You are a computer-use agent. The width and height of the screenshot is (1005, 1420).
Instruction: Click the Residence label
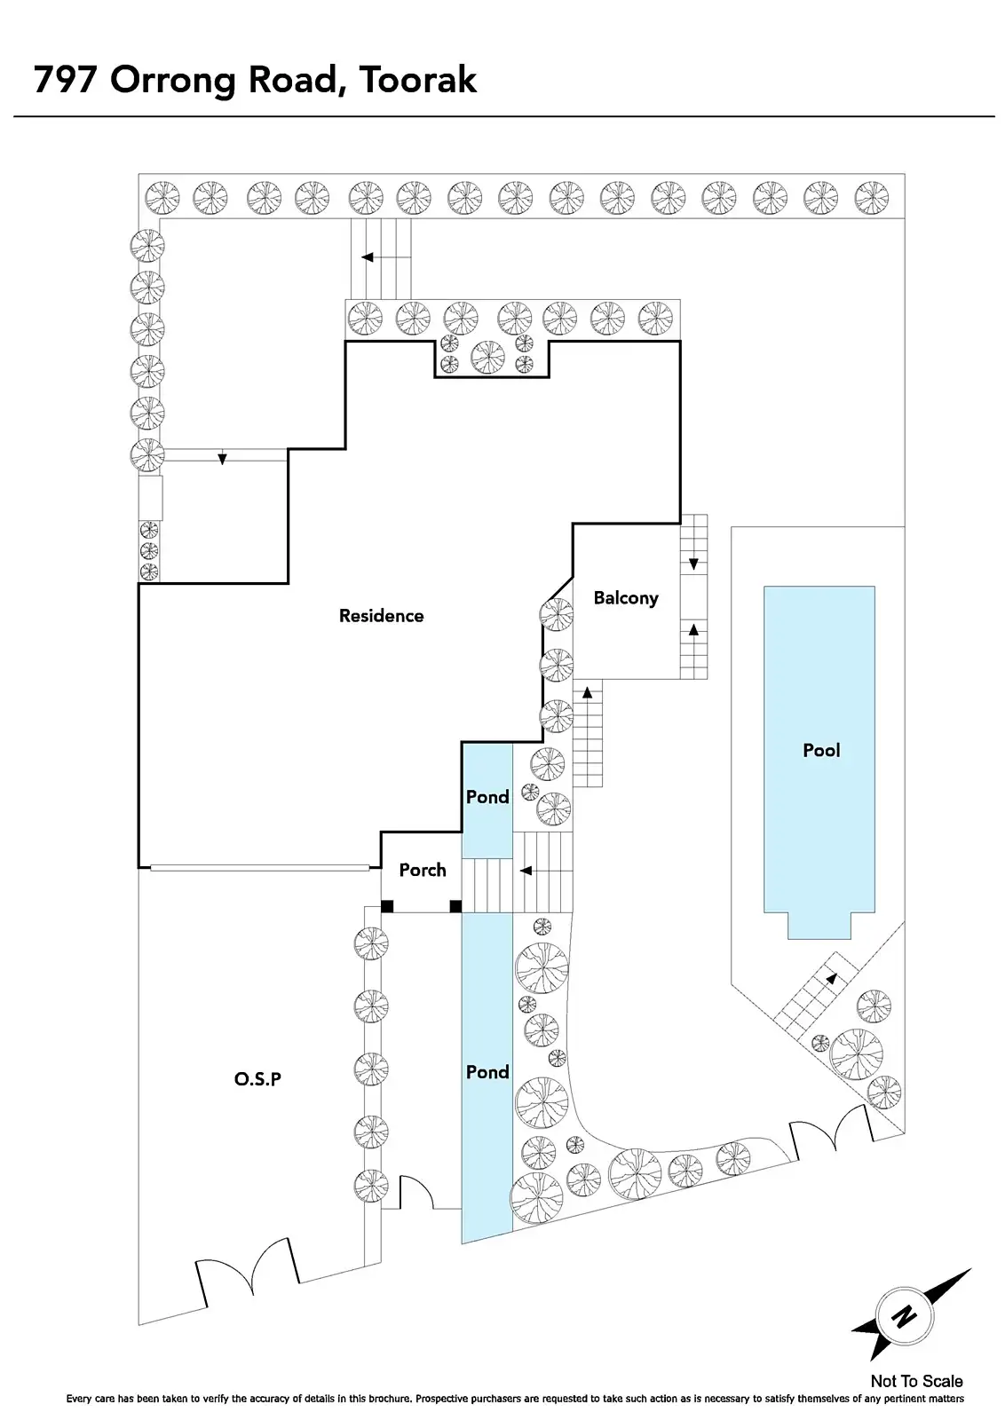[381, 616]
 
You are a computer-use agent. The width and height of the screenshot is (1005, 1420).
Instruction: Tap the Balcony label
[626, 598]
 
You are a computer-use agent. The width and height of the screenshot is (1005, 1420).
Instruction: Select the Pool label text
[821, 751]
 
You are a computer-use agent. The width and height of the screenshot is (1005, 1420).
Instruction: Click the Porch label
[423, 870]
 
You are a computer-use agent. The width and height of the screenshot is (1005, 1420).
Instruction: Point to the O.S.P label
[257, 1079]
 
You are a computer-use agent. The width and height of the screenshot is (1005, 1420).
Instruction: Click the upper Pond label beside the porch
[487, 797]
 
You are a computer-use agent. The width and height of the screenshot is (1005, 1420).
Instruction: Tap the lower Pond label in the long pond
[487, 1072]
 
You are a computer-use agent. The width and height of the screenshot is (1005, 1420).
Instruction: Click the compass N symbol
[904, 1315]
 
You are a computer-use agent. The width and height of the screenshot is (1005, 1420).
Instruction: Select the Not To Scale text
[916, 1381]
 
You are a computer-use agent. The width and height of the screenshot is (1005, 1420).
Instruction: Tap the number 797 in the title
[66, 80]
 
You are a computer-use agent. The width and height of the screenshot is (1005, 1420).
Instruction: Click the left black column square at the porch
[387, 906]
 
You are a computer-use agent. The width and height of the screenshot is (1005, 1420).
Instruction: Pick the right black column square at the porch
[455, 906]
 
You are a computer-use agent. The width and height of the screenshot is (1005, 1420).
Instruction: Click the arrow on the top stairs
[367, 257]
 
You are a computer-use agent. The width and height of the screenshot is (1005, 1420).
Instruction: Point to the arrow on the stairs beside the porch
[526, 871]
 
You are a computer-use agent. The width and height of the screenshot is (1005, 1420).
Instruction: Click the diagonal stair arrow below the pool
[831, 978]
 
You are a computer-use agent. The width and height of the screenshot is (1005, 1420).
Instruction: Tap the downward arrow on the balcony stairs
[693, 564]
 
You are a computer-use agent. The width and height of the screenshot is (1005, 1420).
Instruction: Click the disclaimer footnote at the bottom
[515, 1399]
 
